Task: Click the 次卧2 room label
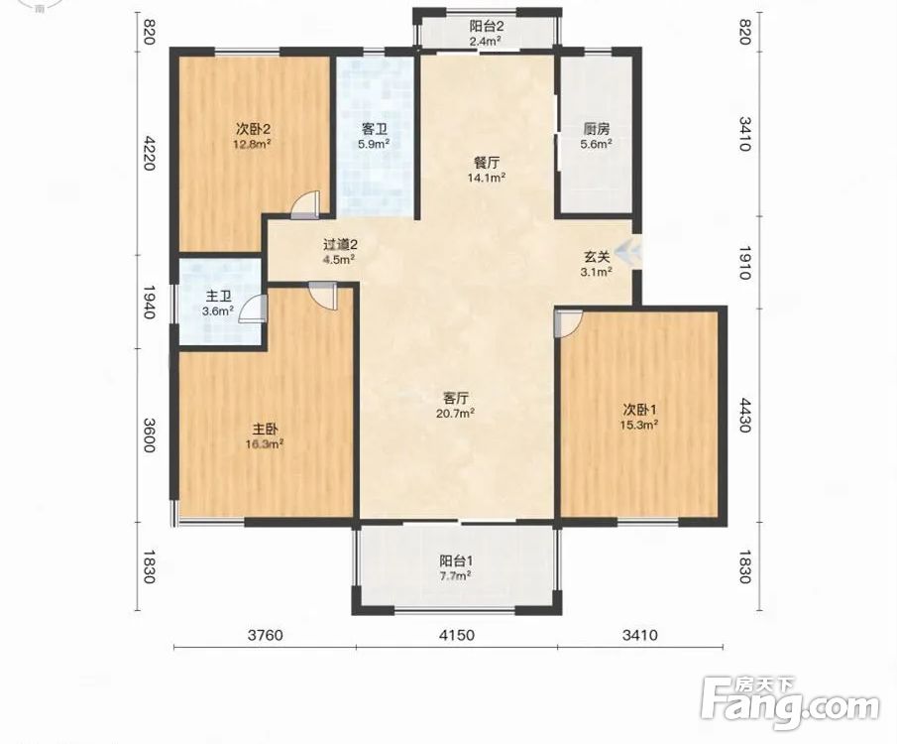252,128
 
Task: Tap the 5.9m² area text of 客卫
374,144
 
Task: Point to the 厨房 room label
596,129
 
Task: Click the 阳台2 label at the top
487,26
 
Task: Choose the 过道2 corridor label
340,245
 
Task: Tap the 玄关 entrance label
596,257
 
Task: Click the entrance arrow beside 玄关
628,251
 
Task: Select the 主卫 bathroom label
218,297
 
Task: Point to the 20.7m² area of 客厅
455,413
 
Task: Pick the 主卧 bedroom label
265,429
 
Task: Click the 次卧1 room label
639,410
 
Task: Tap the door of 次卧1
568,323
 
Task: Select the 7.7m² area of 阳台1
455,575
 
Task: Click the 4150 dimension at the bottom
457,635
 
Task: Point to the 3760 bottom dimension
265,635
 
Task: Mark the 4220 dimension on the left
149,153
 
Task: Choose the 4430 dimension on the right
744,416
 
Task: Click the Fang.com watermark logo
790,704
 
